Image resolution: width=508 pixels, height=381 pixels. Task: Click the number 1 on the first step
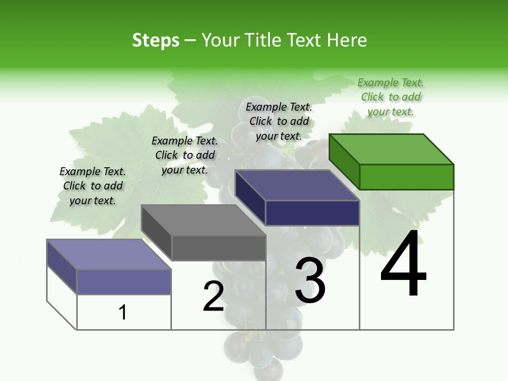click(123, 312)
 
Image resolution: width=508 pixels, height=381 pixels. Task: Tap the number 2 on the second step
click(213, 296)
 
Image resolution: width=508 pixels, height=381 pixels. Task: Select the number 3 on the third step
click(310, 280)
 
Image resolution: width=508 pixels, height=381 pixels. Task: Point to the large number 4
click(403, 265)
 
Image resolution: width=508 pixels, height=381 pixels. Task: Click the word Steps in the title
click(156, 40)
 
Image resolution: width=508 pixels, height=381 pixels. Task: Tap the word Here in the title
click(347, 40)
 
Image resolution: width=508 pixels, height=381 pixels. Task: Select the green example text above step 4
click(391, 97)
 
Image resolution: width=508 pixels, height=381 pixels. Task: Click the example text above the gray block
click(185, 155)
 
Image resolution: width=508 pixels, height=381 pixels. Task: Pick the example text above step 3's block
click(279, 121)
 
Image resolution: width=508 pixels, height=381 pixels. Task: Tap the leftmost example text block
click(93, 186)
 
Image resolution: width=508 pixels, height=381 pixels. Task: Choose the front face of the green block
click(406, 177)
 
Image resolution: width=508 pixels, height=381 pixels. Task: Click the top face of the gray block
click(203, 220)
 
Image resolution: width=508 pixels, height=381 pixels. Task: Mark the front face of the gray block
click(219, 248)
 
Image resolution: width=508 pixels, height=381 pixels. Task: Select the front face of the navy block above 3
click(312, 213)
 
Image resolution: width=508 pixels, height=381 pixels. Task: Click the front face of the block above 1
click(124, 282)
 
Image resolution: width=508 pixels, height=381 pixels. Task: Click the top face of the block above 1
click(109, 255)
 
